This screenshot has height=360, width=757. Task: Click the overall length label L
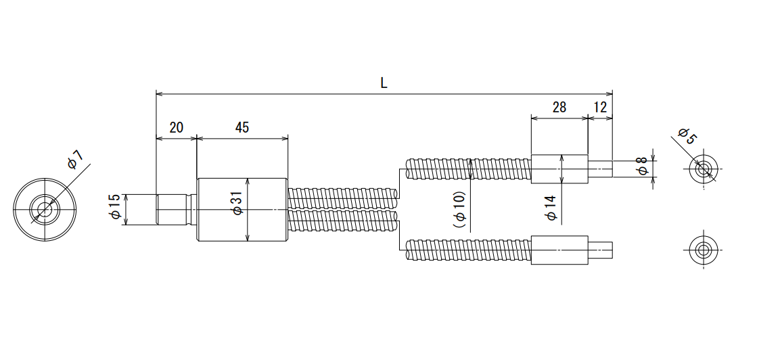pyautogui.click(x=384, y=83)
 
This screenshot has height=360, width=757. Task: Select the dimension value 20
pyautogui.click(x=176, y=128)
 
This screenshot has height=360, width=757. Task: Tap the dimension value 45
pyautogui.click(x=242, y=128)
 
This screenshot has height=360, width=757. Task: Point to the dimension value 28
pyautogui.click(x=559, y=107)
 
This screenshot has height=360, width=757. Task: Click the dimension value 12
pyautogui.click(x=599, y=107)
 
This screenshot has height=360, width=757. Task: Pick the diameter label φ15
pyautogui.click(x=116, y=207)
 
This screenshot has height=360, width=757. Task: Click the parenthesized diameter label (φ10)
pyautogui.click(x=459, y=208)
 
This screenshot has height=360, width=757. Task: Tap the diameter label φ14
pyautogui.click(x=551, y=208)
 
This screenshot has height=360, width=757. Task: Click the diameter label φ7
pyautogui.click(x=76, y=160)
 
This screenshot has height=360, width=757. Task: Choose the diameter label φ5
pyautogui.click(x=687, y=136)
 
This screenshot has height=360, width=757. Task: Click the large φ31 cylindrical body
pyautogui.click(x=242, y=210)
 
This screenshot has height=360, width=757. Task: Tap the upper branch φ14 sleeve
pyautogui.click(x=559, y=168)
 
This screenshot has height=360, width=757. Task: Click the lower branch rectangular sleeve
pyautogui.click(x=559, y=250)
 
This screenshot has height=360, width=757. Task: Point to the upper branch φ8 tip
pyautogui.click(x=601, y=168)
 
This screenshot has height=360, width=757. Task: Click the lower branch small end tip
pyautogui.click(x=601, y=250)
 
